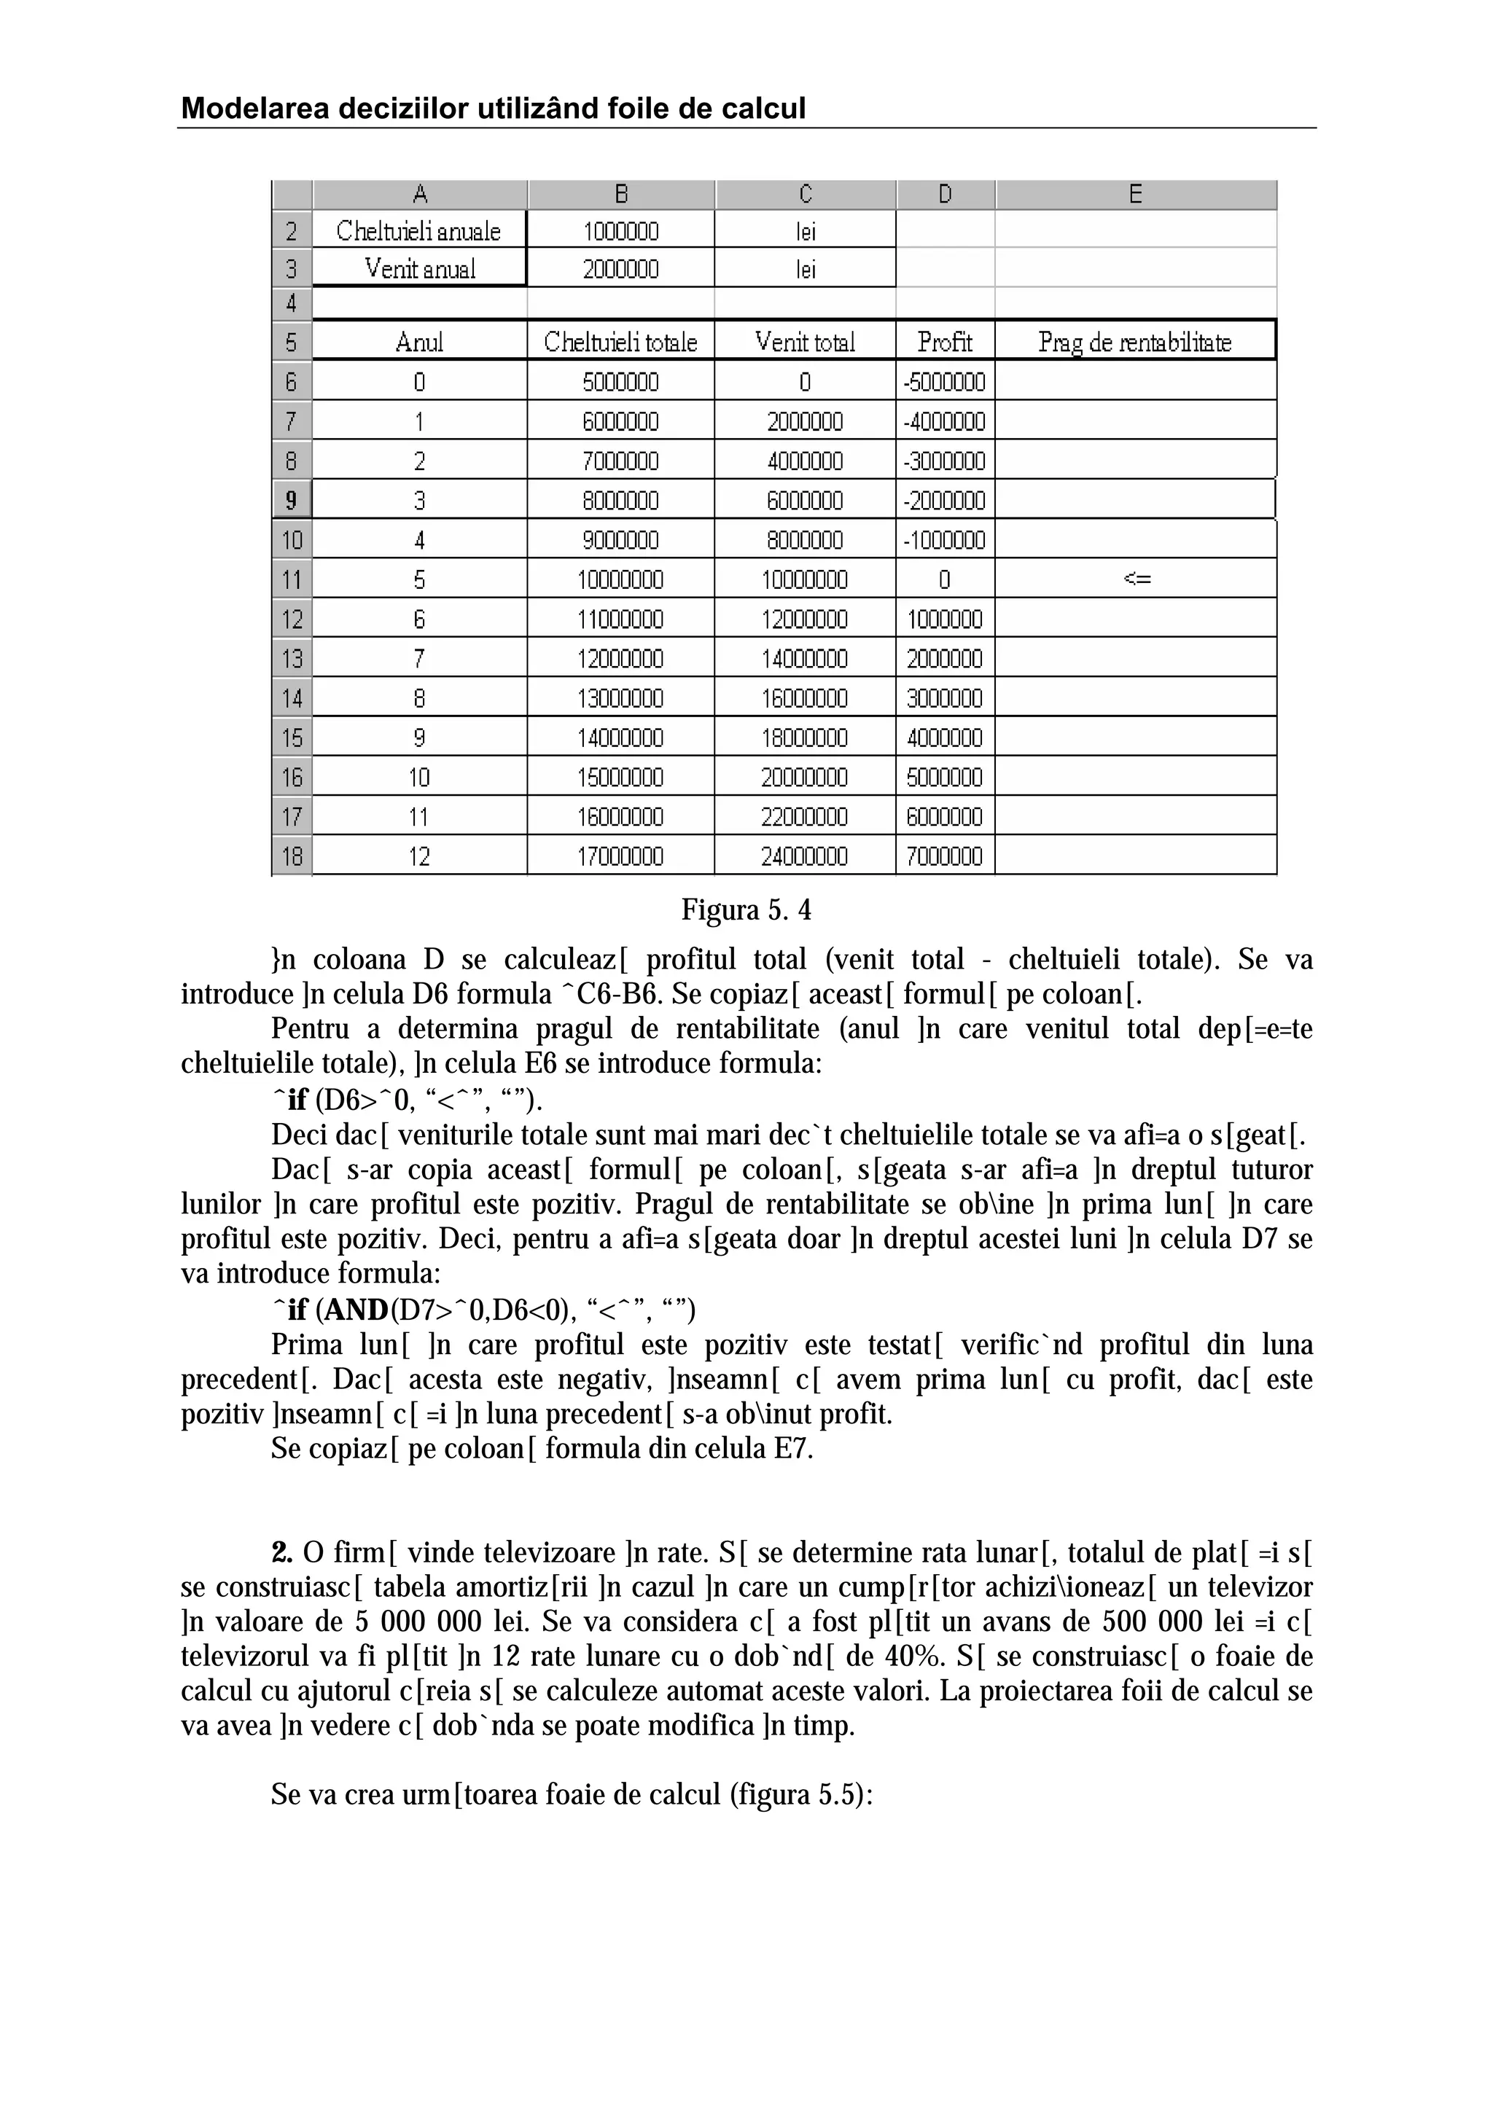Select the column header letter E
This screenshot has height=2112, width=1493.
(1135, 194)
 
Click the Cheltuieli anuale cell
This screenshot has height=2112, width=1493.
(418, 231)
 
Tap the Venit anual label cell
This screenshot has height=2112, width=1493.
(419, 270)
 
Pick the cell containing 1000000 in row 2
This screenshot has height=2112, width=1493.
(621, 231)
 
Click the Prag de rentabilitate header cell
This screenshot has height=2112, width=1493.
(1134, 343)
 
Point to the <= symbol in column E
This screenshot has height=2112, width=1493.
(1137, 579)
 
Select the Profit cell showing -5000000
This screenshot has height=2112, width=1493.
(945, 382)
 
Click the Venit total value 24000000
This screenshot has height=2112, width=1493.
(804, 856)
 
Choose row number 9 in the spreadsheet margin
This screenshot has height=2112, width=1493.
(292, 501)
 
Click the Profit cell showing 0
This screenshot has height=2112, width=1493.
(945, 579)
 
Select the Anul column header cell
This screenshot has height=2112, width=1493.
(418, 343)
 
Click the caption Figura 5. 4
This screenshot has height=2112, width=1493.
(746, 911)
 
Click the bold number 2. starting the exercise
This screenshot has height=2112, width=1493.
(281, 1553)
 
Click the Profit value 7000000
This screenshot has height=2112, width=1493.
(945, 856)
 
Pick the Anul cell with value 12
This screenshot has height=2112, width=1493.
(418, 856)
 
